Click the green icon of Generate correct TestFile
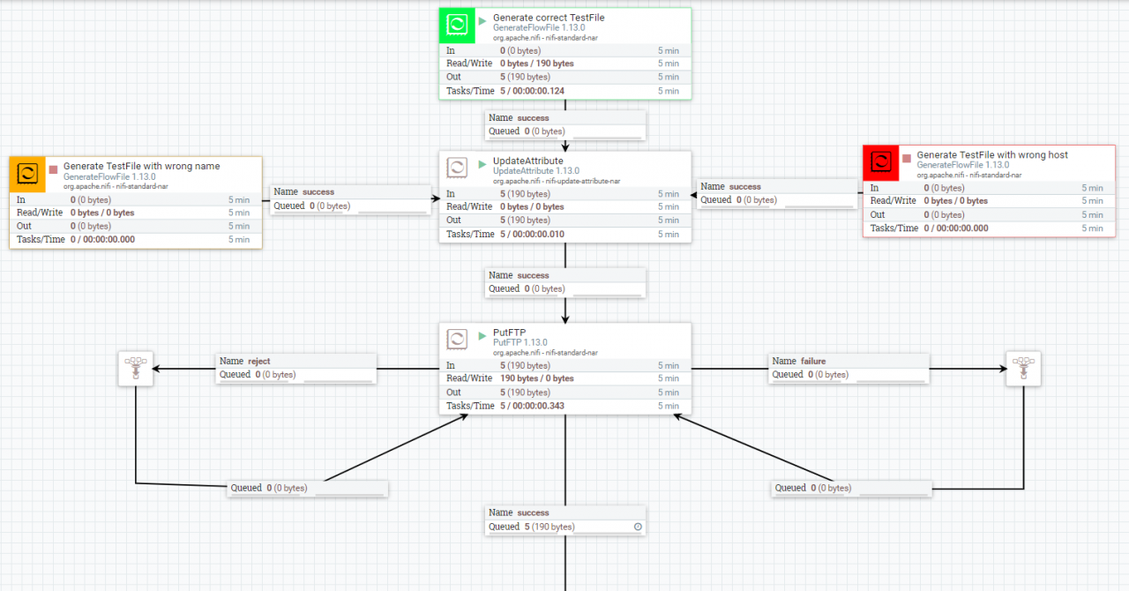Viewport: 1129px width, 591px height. pos(457,26)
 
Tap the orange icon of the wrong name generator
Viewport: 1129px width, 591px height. pos(27,174)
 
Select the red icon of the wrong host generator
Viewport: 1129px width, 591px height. pos(881,163)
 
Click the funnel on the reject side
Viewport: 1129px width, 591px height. pos(136,369)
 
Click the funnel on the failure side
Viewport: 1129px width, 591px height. pos(1023,369)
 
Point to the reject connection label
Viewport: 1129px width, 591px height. pos(245,361)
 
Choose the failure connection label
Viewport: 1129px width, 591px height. pos(799,361)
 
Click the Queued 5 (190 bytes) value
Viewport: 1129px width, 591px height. pos(550,527)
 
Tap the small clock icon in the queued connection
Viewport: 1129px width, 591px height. pos(638,527)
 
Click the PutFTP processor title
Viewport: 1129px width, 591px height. pos(509,333)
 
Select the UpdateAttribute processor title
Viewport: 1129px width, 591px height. pos(527,161)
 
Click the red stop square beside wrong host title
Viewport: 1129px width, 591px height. pos(907,159)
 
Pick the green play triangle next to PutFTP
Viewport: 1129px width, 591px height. pos(482,336)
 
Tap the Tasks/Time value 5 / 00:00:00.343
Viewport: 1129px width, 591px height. pos(532,406)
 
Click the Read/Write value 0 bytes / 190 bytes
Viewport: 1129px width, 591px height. pos(537,64)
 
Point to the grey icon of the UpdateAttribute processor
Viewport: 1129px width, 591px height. pos(457,168)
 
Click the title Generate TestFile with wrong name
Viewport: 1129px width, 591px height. pos(142,166)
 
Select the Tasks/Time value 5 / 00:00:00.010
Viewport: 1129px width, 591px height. pos(532,234)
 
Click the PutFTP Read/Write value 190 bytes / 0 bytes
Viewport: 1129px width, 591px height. pos(537,378)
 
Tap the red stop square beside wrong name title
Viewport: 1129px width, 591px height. pos(54,169)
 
